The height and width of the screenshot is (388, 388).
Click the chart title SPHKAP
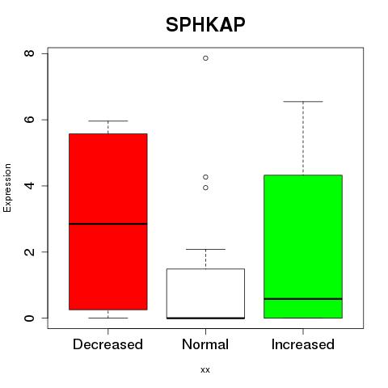[x=205, y=25]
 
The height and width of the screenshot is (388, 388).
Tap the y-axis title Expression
[x=7, y=188]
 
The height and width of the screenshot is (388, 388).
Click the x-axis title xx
[x=205, y=370]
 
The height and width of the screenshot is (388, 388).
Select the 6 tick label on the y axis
[x=29, y=120]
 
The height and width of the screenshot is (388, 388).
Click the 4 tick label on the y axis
[x=29, y=186]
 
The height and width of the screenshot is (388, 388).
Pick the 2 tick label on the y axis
[x=29, y=251]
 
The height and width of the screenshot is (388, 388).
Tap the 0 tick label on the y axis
[x=29, y=318]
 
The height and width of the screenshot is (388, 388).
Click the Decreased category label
[x=108, y=344]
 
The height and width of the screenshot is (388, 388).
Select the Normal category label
[x=205, y=344]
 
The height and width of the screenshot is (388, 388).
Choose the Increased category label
[x=303, y=344]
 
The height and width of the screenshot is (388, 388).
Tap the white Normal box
[x=205, y=293]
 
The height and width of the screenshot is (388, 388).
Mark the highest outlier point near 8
[x=205, y=58]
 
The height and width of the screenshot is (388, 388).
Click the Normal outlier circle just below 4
[x=205, y=188]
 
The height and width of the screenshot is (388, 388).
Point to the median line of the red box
[x=108, y=224]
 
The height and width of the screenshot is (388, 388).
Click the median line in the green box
[x=303, y=299]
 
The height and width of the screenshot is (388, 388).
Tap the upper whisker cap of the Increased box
[x=303, y=102]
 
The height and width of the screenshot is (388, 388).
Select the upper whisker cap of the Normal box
[x=205, y=250]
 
